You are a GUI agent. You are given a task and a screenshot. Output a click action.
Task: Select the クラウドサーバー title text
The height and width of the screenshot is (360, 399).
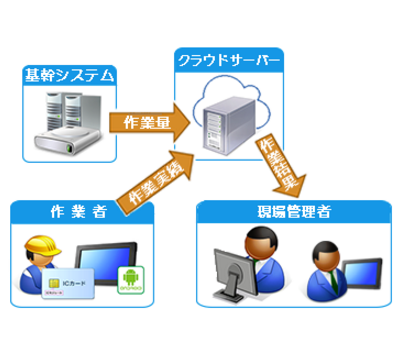229,57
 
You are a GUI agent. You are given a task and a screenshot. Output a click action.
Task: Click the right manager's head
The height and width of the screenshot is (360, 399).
323,252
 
